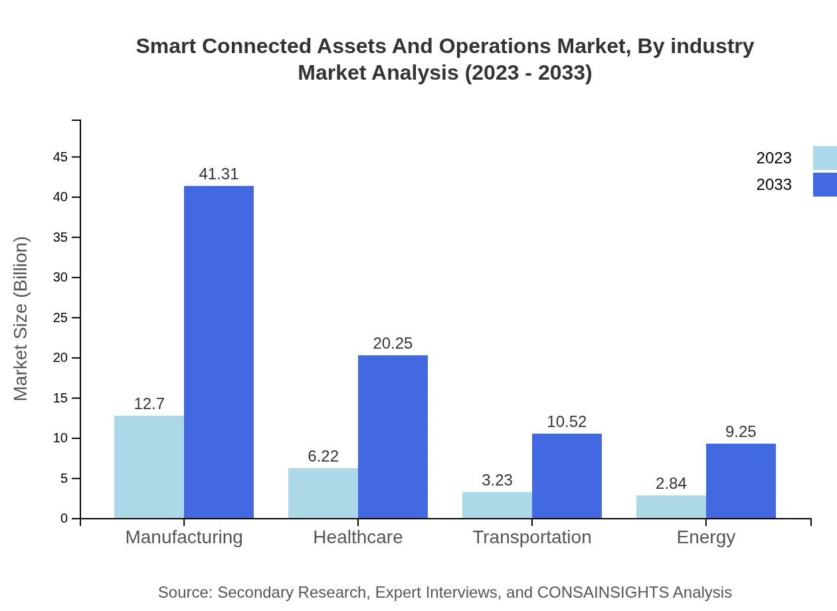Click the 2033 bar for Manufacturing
(x=219, y=352)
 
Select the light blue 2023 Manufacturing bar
(x=149, y=467)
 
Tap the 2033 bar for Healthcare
(x=393, y=436)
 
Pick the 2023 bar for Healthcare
(x=323, y=493)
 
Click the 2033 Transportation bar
(x=567, y=476)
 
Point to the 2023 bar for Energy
(x=671, y=507)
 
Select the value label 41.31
(x=219, y=174)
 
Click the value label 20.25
(x=393, y=343)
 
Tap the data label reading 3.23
(x=497, y=480)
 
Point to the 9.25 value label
(x=741, y=432)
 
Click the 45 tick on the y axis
(x=60, y=157)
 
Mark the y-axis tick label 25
(x=60, y=318)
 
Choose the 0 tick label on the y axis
(x=64, y=519)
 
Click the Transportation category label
(x=531, y=537)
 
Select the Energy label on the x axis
(x=705, y=537)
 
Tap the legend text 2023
(x=774, y=158)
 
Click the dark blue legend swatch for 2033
(x=824, y=185)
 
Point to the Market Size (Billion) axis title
(x=21, y=319)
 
